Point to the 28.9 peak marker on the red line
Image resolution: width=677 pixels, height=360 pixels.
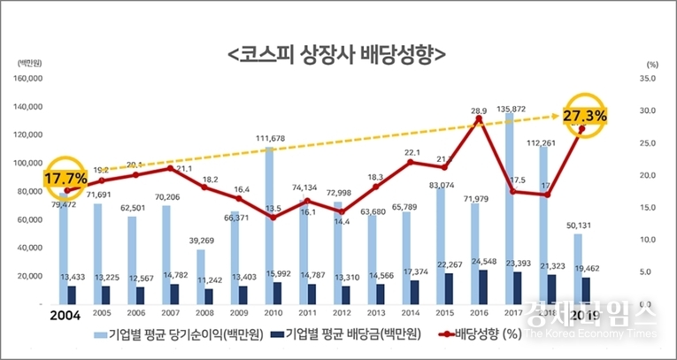point(479,119)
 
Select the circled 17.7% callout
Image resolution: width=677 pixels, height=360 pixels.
point(65,178)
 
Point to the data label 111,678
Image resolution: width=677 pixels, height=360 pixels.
point(274,139)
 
